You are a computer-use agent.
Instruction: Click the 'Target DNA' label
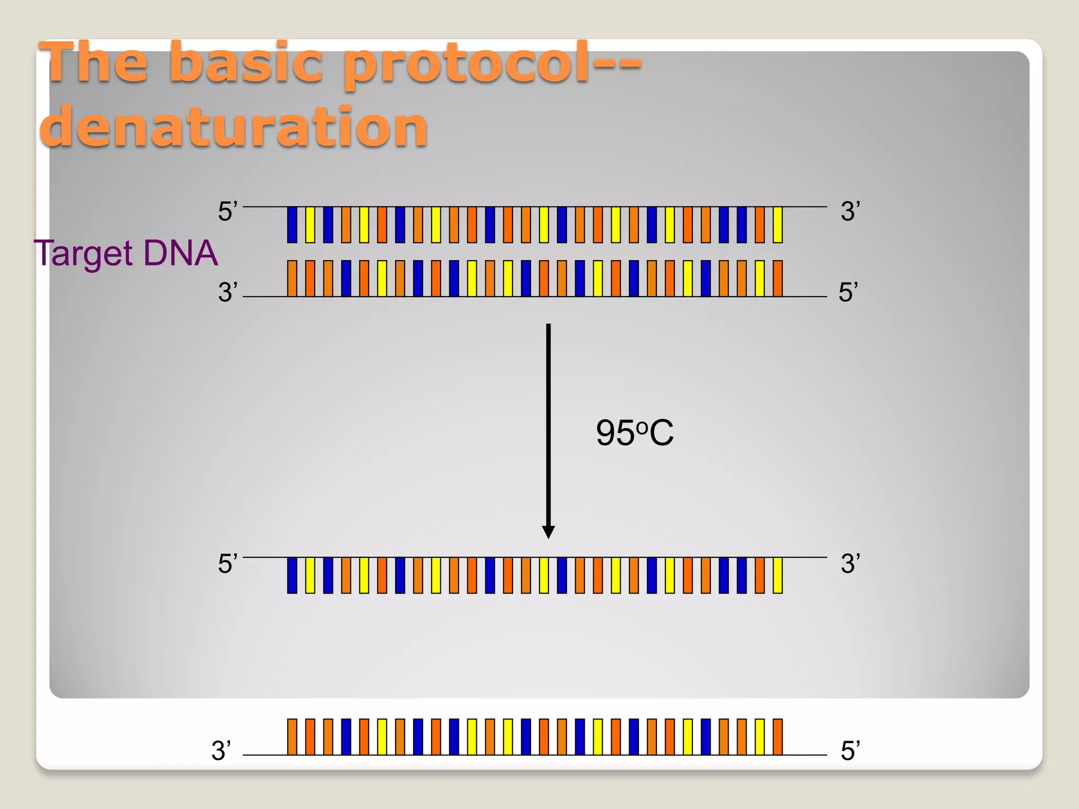click(x=125, y=253)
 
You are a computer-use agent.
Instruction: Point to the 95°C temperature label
click(x=634, y=433)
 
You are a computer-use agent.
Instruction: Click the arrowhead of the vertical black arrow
click(x=548, y=532)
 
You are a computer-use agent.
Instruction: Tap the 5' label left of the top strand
click(x=228, y=212)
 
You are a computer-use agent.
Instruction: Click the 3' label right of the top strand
click(x=850, y=212)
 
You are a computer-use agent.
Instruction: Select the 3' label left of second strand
click(x=228, y=292)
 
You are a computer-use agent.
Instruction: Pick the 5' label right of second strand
click(x=848, y=292)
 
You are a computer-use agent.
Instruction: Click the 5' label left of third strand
click(x=228, y=564)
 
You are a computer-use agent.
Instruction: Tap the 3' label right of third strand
click(x=850, y=564)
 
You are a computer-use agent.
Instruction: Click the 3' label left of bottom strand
click(x=221, y=751)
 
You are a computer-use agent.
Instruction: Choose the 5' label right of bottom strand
click(x=850, y=751)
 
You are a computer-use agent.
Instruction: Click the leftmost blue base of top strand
click(x=292, y=225)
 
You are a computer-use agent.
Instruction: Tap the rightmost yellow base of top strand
click(x=778, y=225)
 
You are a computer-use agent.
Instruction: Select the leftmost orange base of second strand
click(x=292, y=278)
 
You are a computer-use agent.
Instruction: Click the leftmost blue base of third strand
click(x=292, y=576)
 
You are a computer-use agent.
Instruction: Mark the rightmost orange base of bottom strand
click(x=778, y=737)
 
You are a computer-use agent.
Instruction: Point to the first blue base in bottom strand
click(x=346, y=737)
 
